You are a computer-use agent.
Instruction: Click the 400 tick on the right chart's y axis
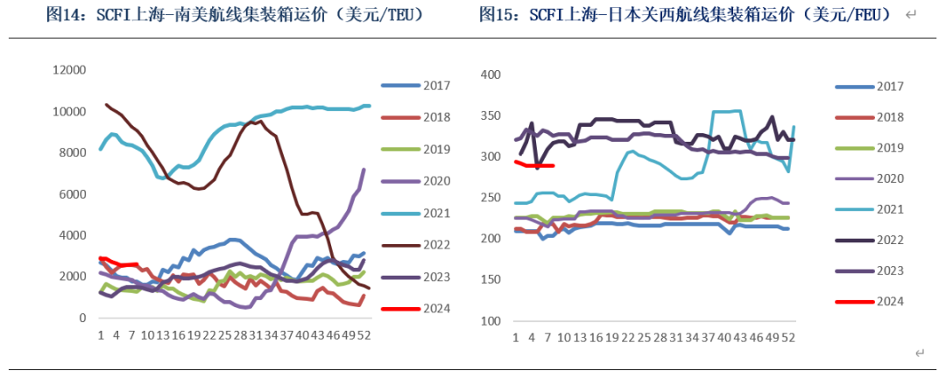click(490, 75)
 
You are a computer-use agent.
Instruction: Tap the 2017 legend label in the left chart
click(435, 86)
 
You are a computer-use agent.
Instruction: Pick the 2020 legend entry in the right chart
click(888, 178)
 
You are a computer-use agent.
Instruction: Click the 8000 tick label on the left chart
click(71, 153)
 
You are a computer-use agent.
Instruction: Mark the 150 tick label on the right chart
click(490, 279)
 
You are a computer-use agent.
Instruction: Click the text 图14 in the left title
click(62, 15)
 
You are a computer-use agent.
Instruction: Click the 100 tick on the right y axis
click(490, 320)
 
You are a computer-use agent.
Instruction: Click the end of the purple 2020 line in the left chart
click(364, 170)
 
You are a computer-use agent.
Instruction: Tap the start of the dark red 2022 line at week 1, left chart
click(107, 105)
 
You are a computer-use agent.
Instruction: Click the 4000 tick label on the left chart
click(71, 235)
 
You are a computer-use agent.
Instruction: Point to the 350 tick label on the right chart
click(490, 116)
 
